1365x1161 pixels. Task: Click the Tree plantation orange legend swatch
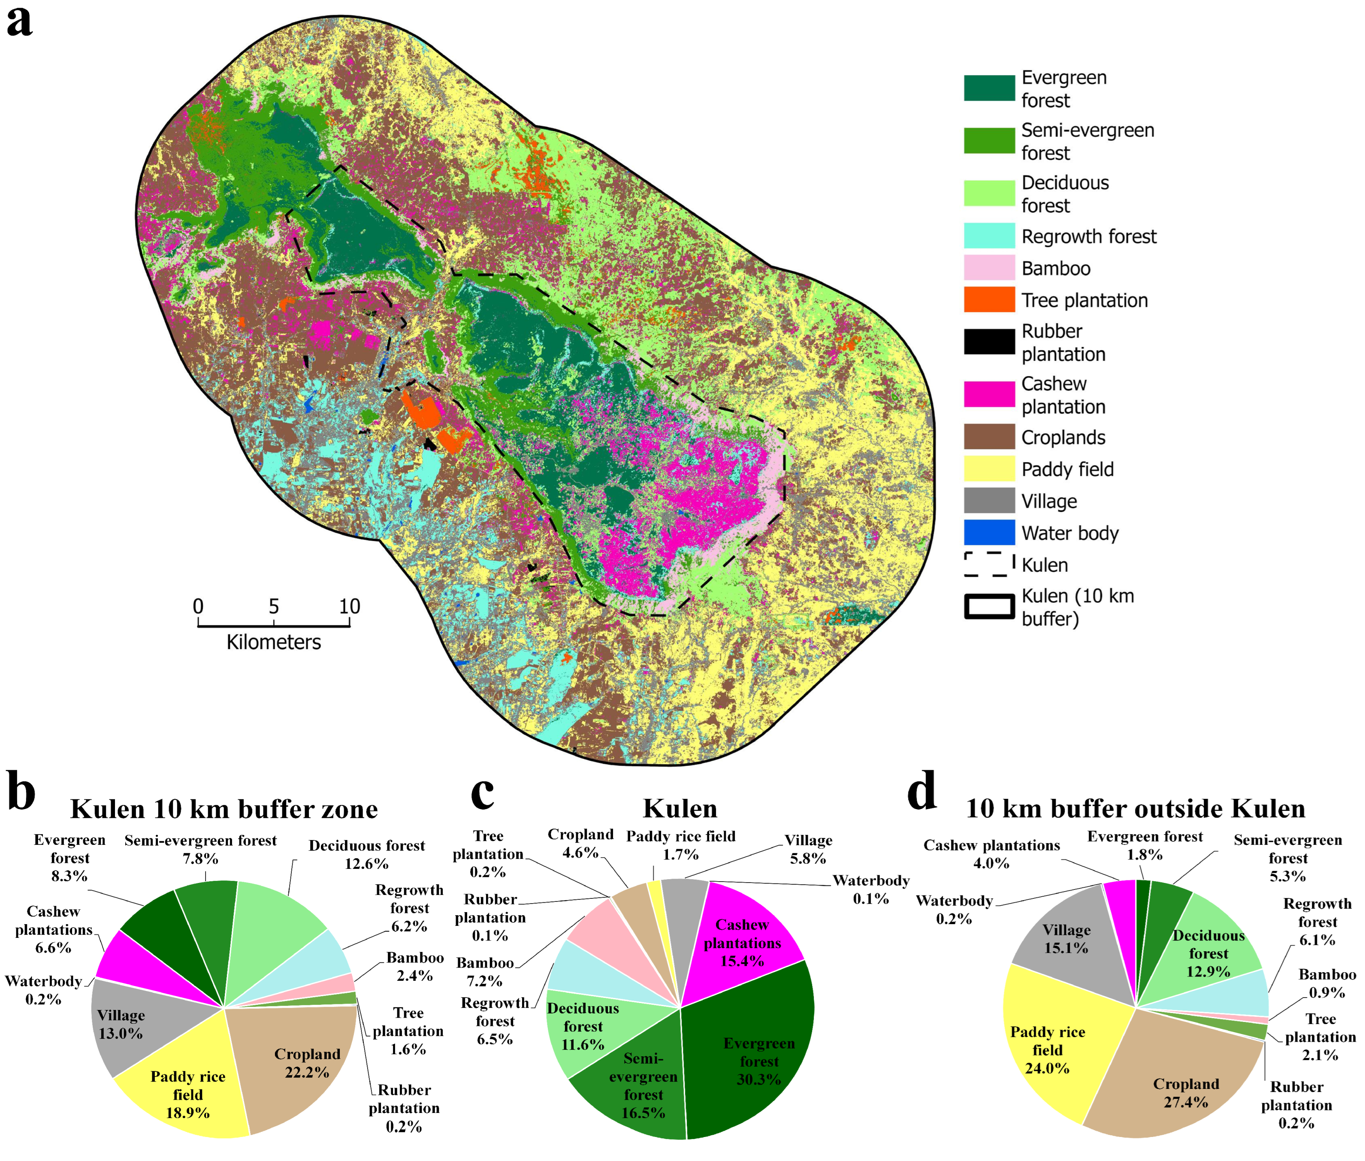(988, 299)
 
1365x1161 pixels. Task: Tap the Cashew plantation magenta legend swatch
(988, 393)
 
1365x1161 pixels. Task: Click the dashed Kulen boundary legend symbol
(988, 564)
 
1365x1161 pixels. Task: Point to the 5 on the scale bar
(273, 606)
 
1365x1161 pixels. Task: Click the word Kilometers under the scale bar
(273, 642)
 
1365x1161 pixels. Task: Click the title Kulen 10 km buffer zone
(224, 809)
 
